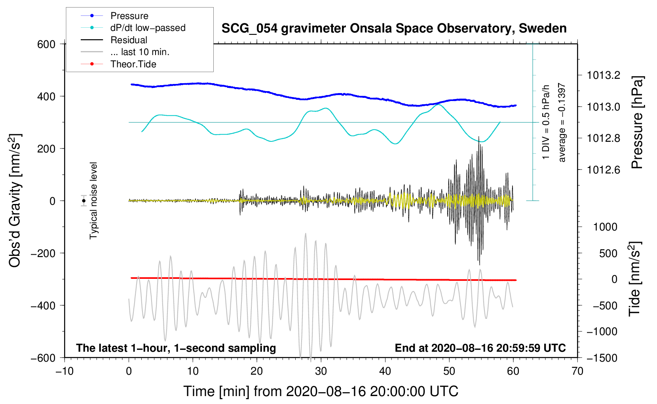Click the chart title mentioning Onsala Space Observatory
tap(394, 29)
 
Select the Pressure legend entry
tap(129, 16)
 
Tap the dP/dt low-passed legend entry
tap(148, 28)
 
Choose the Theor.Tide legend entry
tap(133, 64)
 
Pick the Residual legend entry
tap(129, 40)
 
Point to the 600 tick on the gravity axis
tap(46, 44)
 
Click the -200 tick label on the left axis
tap(43, 253)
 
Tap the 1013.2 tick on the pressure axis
tap(603, 75)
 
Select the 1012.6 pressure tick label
tap(603, 170)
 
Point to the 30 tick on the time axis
tap(321, 372)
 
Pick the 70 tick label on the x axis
tap(577, 372)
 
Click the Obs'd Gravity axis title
tap(15, 201)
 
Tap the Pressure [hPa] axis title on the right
tap(637, 123)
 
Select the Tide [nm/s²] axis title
tap(635, 279)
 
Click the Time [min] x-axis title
tap(321, 391)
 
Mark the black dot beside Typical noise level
tap(84, 201)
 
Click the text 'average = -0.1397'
tap(562, 123)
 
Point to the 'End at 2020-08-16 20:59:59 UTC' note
tap(480, 348)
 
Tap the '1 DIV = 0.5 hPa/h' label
tap(546, 122)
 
